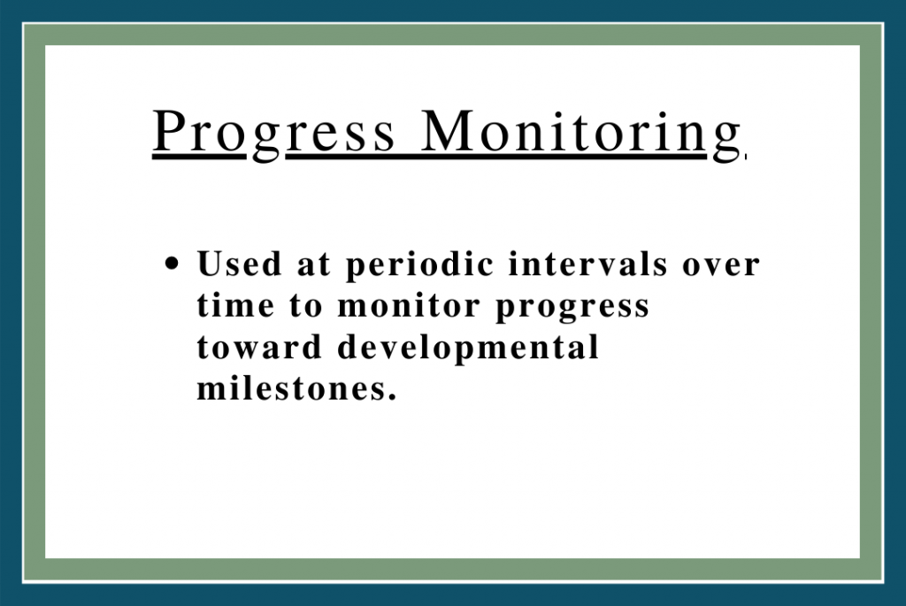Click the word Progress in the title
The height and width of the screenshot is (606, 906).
pos(274,134)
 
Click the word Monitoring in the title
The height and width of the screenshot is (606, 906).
pos(580,134)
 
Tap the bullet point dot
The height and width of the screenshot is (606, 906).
pos(172,264)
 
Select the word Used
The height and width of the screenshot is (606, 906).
pos(239,264)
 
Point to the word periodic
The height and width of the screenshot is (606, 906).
pos(420,265)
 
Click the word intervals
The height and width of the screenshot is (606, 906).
pos(587,264)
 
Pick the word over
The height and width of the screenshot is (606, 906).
pos(720,265)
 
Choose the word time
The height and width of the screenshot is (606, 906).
pos(235,305)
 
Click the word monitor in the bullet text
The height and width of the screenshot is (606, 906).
pos(409,305)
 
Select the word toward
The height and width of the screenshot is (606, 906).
pos(259,347)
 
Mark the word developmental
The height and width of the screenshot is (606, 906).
pos(468,349)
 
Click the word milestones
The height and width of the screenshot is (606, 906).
pos(290,387)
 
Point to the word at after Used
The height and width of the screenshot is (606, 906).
pos(314,265)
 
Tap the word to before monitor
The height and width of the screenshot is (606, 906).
pos(305,306)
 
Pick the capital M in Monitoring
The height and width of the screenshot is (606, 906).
pos(449,131)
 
